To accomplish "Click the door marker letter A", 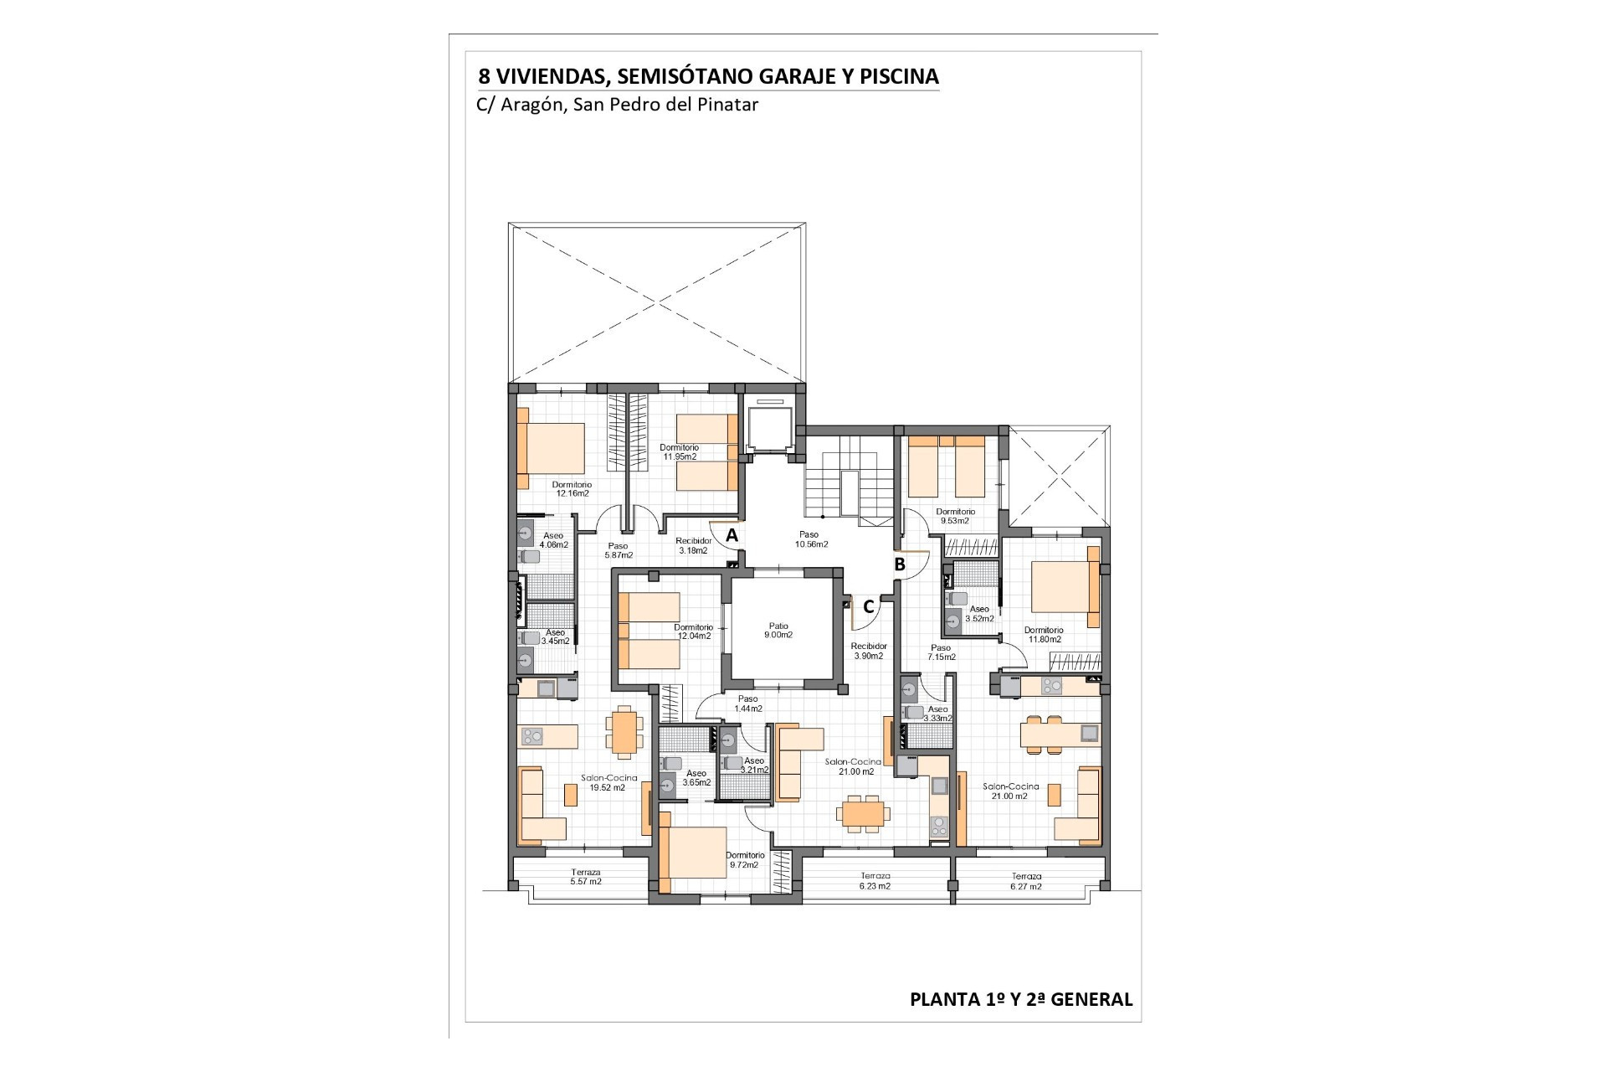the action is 732,534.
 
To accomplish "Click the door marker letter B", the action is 900,564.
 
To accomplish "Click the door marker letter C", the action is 869,606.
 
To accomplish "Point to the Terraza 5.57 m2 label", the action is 586,877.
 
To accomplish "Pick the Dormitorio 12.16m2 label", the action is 572,489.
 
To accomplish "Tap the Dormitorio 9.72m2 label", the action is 746,860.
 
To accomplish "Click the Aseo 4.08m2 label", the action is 554,540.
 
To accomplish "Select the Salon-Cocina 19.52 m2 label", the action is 609,782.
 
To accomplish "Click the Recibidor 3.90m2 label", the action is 869,651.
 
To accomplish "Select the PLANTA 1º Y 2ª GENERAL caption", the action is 1021,999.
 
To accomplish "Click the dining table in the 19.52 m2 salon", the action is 624,730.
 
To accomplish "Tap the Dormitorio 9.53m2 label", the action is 956,516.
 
